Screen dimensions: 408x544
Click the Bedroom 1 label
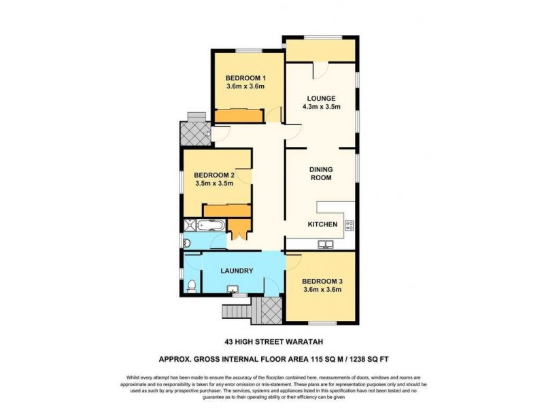tap(245, 78)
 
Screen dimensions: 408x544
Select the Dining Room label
tap(320, 173)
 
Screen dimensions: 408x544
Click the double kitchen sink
tap(326, 244)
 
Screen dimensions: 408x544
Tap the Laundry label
tap(236, 271)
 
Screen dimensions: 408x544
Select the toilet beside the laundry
tap(192, 285)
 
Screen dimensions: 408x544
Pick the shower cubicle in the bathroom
tap(189, 226)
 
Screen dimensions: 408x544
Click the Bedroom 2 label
tap(214, 175)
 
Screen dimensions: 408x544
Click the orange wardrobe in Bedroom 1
tap(239, 117)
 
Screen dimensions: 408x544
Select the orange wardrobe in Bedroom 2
tap(226, 210)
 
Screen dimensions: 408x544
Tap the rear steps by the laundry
tap(239, 311)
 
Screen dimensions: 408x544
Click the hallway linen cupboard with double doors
tap(238, 229)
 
